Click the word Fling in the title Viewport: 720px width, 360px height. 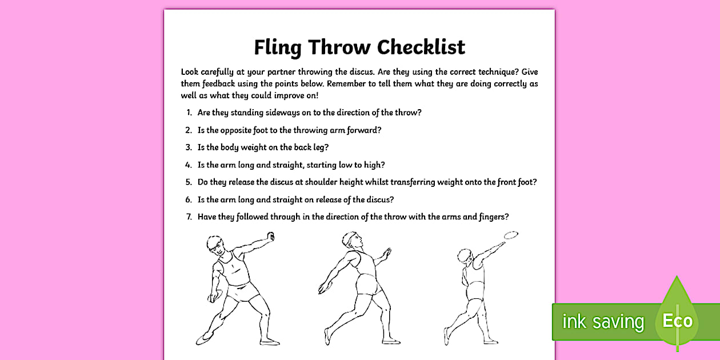click(x=277, y=47)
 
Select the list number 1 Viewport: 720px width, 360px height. click(x=189, y=113)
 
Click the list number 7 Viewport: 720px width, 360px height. click(x=189, y=217)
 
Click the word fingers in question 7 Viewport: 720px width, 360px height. click(x=489, y=217)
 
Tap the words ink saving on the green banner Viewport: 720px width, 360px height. click(x=603, y=322)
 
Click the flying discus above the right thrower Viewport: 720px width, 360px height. click(x=511, y=234)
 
